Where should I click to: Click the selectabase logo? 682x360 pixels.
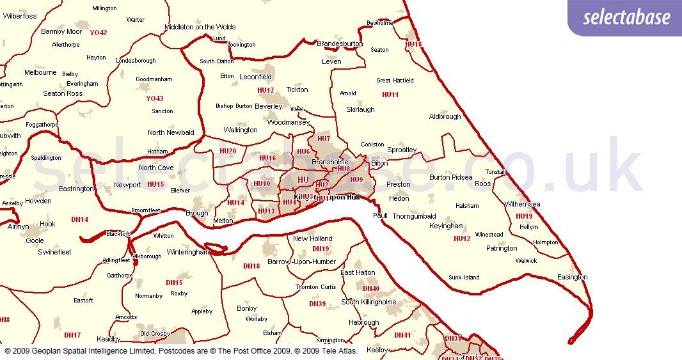coord(626,17)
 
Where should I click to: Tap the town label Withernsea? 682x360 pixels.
coord(523,205)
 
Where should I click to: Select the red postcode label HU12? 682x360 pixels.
coord(462,239)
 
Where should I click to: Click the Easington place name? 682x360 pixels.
coord(572,277)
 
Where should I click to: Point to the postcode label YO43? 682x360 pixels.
coord(154,98)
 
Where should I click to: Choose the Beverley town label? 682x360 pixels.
coord(268,106)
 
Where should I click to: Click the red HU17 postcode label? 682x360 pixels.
coord(266,90)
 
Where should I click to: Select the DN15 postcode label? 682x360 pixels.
coord(174,283)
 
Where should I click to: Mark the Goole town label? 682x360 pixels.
coord(35,240)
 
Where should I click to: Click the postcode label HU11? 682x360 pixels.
coord(390,95)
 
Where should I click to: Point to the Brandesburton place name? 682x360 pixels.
coord(340,43)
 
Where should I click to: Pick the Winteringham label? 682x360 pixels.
coord(188,252)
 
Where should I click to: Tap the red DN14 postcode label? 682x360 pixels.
coord(80,219)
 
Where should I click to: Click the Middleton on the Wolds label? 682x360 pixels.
coord(200,27)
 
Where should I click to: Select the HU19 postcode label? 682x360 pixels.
coord(524,216)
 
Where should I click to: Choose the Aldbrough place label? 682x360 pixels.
coord(445,116)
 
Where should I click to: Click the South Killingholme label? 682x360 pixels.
coord(369,302)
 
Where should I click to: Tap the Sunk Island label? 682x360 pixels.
coord(464,278)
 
